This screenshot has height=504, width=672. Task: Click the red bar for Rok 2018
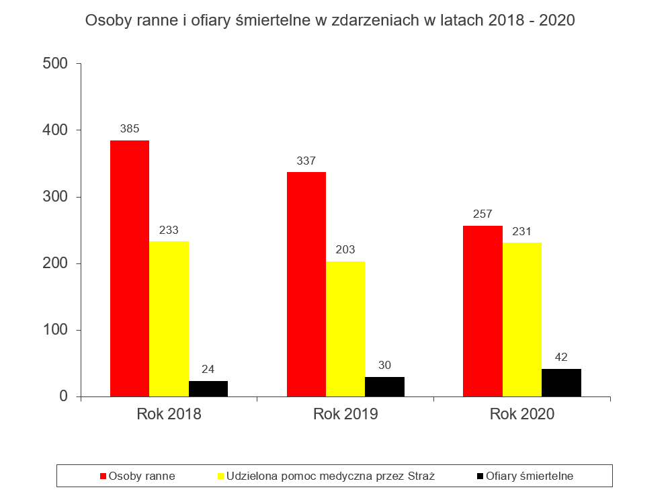pos(130,269)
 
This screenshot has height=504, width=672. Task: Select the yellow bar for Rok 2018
pos(169,319)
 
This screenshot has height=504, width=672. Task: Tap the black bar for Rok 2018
pos(208,389)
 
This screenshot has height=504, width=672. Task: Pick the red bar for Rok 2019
pos(306,284)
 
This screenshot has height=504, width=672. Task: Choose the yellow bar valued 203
pos(345,329)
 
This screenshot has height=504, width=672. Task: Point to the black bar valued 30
pos(385,387)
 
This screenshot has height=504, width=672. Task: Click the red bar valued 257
pos(482,311)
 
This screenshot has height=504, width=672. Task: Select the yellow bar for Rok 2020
pos(522,320)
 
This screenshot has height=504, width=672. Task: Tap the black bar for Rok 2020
pos(561,383)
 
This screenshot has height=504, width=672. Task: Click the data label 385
pos(130,128)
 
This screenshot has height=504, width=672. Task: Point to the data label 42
pos(561,357)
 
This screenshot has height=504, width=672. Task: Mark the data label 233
pos(169,230)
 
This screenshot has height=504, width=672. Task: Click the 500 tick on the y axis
pos(55,64)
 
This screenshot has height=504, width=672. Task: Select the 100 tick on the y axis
pos(55,330)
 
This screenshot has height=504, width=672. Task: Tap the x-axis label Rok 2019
pos(345,414)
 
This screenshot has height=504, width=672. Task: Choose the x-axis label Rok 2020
pos(522,414)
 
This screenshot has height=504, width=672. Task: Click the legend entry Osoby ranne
pos(142,476)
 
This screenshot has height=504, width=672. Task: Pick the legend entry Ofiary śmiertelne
pos(530,476)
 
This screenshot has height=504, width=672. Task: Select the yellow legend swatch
pos(220,476)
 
